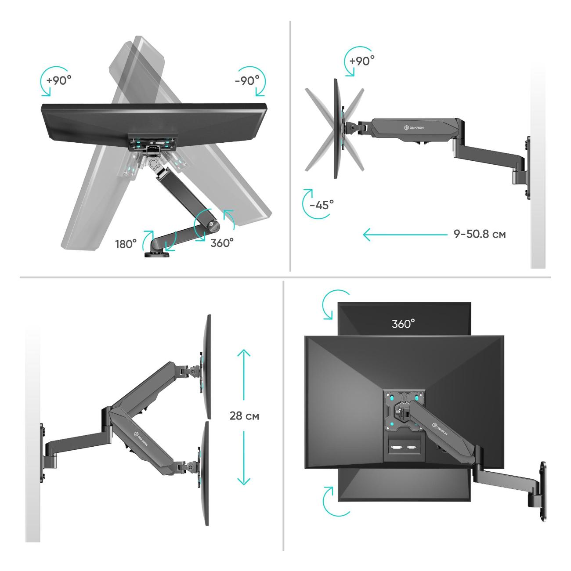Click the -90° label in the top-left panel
pos(247,80)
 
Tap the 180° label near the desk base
pos(126,244)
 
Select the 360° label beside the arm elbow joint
pos(222,243)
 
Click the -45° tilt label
pos(322,204)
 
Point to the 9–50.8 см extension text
pos(480,234)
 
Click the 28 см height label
pos(244,416)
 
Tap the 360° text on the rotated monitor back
pos(403,324)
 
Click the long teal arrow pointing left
pos(405,235)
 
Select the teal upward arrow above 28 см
pos(244,375)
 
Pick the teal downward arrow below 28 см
pos(244,458)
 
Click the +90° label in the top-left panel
pos(59,80)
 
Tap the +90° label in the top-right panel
pos(362,61)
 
